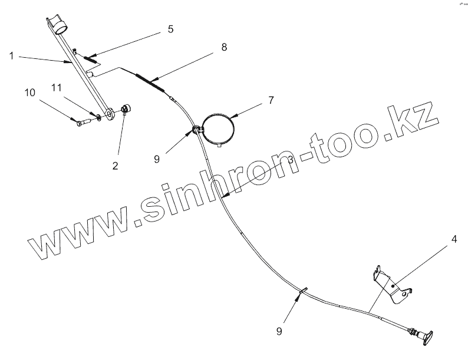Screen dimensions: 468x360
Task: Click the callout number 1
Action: point(12,56)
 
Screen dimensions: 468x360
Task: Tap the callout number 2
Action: point(115,166)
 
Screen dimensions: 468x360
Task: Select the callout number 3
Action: point(290,160)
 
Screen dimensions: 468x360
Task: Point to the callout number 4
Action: point(454,239)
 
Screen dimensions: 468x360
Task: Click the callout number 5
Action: point(170,29)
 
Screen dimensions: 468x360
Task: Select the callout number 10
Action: point(29,93)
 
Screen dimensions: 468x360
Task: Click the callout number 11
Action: point(57,88)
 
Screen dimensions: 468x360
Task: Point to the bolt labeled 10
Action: point(83,122)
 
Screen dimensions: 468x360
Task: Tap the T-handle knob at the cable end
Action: point(426,336)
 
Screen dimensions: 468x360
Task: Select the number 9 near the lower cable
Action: point(281,331)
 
